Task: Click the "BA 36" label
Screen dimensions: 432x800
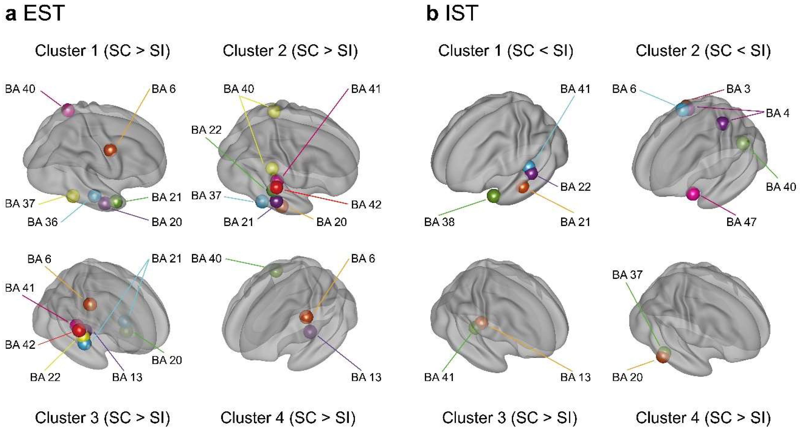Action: [x=43, y=222]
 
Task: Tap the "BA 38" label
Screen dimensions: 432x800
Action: [x=439, y=222]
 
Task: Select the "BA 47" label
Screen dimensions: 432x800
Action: [x=741, y=222]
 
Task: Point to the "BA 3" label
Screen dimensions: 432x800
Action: [x=738, y=89]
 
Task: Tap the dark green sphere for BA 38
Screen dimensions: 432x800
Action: [x=493, y=196]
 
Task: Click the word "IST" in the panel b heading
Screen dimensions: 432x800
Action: [x=462, y=13]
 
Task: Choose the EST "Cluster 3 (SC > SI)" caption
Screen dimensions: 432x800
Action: [x=103, y=418]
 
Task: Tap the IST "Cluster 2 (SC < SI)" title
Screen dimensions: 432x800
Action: [x=703, y=51]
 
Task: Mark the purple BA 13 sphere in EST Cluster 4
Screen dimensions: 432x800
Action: [x=310, y=332]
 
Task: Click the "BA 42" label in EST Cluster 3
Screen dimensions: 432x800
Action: [x=20, y=345]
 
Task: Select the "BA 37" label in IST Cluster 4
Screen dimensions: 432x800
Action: [x=627, y=275]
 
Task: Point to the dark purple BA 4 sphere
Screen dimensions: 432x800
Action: [x=723, y=123]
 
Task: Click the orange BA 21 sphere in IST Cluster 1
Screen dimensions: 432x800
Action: [x=523, y=187]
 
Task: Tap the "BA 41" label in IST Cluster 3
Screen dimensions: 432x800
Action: [x=439, y=377]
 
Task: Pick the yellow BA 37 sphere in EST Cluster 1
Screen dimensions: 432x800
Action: [x=73, y=196]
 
